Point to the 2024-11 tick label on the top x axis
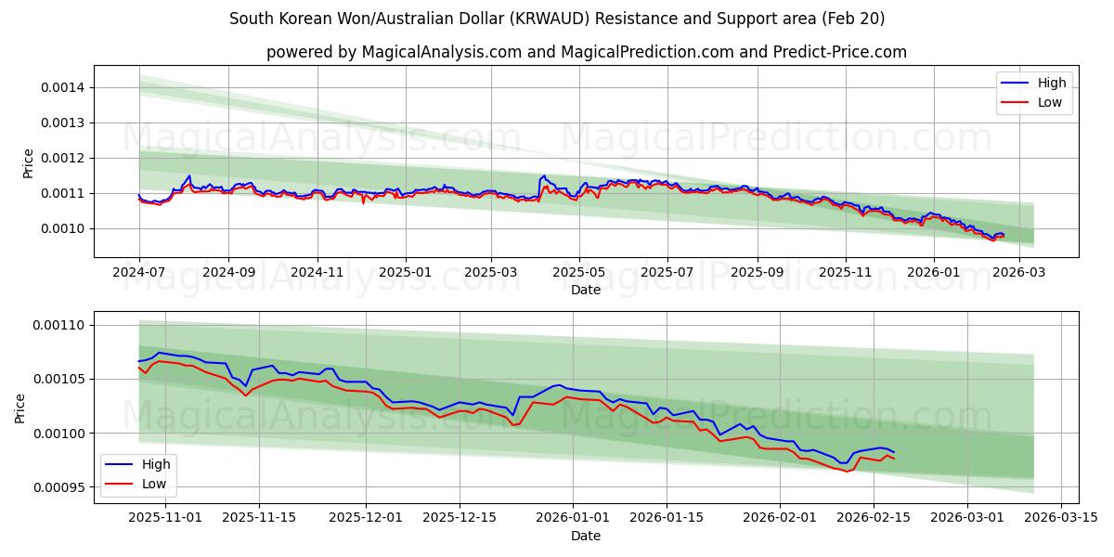pos(317,272)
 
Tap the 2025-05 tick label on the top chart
pos(579,272)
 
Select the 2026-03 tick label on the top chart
pos(1019,272)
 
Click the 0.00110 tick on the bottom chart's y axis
pos(58,325)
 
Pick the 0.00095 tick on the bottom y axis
pos(58,487)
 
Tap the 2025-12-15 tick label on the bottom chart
pos(459,517)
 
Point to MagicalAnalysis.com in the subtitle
pos(434,52)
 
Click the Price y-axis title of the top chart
pos(28,163)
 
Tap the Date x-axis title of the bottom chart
pos(586,536)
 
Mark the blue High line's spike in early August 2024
pos(189,175)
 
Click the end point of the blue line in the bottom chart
pos(894,452)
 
